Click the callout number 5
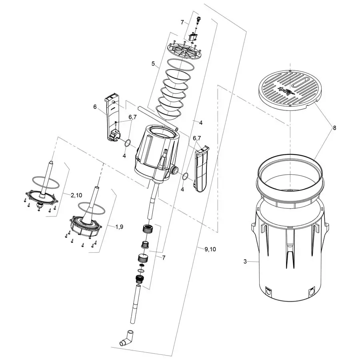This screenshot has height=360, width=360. (x=153, y=63)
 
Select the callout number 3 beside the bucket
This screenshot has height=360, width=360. (x=245, y=262)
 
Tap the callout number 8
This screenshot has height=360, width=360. (x=334, y=128)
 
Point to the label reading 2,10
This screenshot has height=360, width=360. (x=77, y=195)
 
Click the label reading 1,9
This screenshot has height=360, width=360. (x=119, y=227)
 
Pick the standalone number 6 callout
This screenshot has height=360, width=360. (x=95, y=106)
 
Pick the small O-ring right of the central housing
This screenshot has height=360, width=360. (x=186, y=176)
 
